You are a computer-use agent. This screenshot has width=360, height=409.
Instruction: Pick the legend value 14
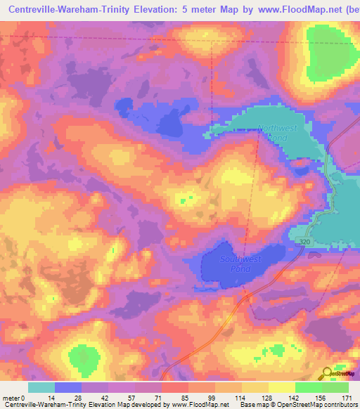pyautogui.click(x=55, y=398)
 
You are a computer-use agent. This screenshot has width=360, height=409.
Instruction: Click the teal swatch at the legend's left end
pyautogui.click(x=41, y=387)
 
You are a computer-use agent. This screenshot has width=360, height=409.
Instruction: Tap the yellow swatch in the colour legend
pyautogui.click(x=281, y=387)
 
